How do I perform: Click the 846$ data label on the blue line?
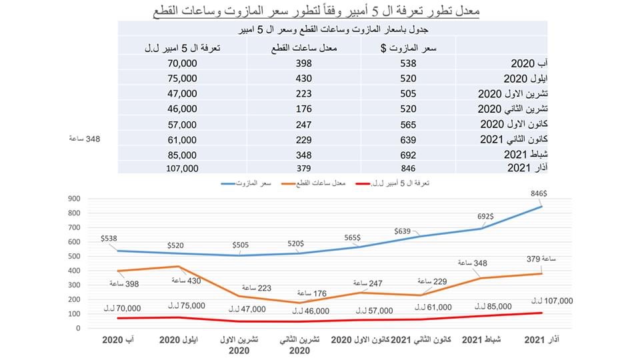coord(549,193)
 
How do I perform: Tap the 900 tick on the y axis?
coord(73,198)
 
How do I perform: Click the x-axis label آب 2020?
coord(119,340)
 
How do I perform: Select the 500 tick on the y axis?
coord(73,256)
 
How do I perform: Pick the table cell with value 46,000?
coord(183,109)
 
